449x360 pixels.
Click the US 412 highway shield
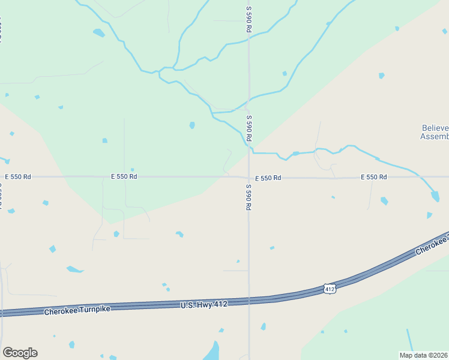pyautogui.click(x=329, y=289)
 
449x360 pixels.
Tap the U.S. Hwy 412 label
pyautogui.click(x=204, y=305)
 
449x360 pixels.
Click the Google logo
pyautogui.click(x=20, y=353)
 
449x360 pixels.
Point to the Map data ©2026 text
pyautogui.click(x=424, y=355)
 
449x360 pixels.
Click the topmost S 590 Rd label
pyautogui.click(x=249, y=20)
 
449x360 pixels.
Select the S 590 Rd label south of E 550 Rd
pyautogui.click(x=248, y=196)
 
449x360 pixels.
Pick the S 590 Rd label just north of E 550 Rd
pyautogui.click(x=249, y=128)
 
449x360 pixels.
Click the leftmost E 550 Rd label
pyautogui.click(x=17, y=177)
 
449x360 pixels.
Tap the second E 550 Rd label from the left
pyautogui.click(x=124, y=176)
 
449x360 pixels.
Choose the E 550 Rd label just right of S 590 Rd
pyautogui.click(x=268, y=178)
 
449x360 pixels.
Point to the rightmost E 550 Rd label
pyautogui.click(x=373, y=177)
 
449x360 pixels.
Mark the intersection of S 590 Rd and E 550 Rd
pyautogui.click(x=249, y=178)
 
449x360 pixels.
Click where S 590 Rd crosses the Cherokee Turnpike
pyautogui.click(x=249, y=301)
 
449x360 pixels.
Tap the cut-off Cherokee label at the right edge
pyautogui.click(x=432, y=245)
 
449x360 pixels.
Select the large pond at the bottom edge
pyautogui.click(x=212, y=352)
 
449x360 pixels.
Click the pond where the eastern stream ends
pyautogui.click(x=435, y=196)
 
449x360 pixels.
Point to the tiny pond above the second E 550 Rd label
pyautogui.click(x=132, y=169)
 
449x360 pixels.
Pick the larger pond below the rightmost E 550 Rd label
pyautogui.click(x=384, y=201)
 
